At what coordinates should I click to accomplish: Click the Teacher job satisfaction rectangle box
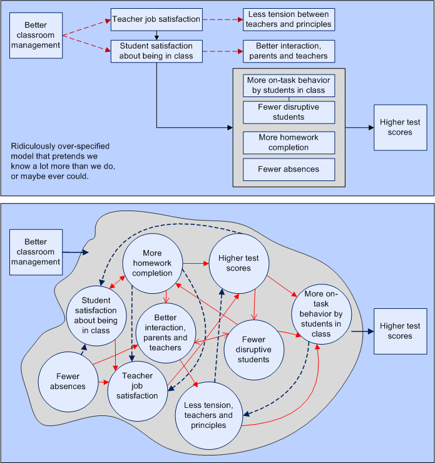pos(156,19)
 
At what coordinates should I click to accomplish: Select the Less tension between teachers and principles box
pos(289,19)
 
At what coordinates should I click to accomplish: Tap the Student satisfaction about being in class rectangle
pos(156,51)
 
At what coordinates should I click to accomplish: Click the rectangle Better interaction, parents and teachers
pos(289,51)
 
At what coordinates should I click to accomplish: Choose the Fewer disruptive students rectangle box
pos(289,112)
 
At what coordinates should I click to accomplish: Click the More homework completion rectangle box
pos(289,142)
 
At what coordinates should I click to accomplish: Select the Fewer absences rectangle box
pos(289,169)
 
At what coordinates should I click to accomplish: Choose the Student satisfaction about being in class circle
pos(96,316)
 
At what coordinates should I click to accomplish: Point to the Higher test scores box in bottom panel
pos(400,331)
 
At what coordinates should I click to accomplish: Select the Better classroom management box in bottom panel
pos(36,252)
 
